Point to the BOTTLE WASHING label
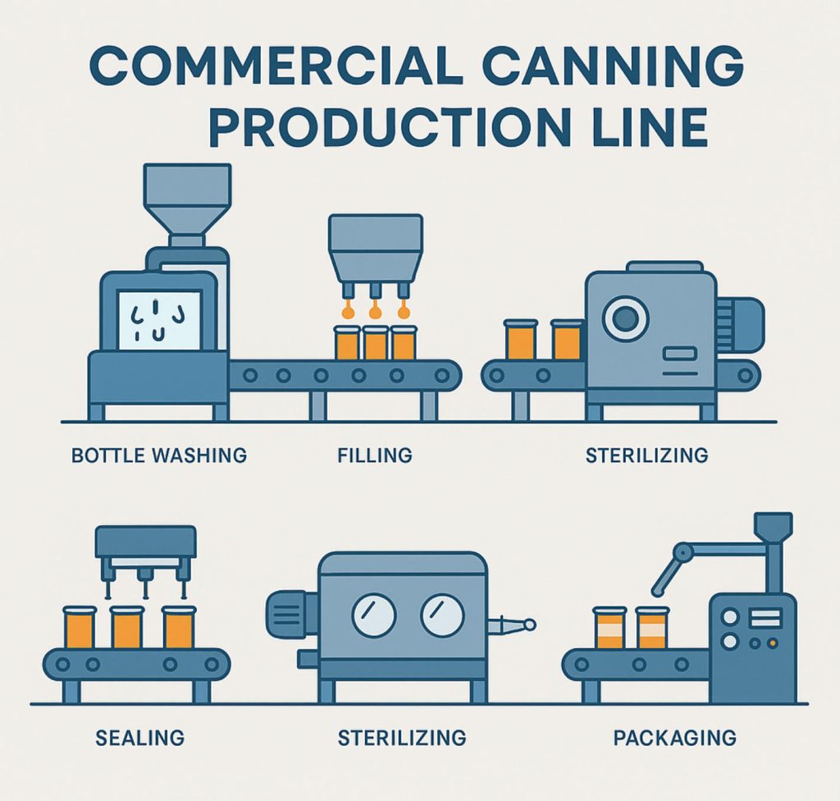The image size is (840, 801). point(159,454)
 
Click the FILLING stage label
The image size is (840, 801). point(375,454)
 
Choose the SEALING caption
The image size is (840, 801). point(139,738)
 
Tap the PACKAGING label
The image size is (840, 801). point(674,738)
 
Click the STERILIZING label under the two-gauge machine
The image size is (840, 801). point(402,738)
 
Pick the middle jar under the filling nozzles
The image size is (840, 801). point(375,343)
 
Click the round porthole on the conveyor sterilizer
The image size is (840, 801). point(626,319)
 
